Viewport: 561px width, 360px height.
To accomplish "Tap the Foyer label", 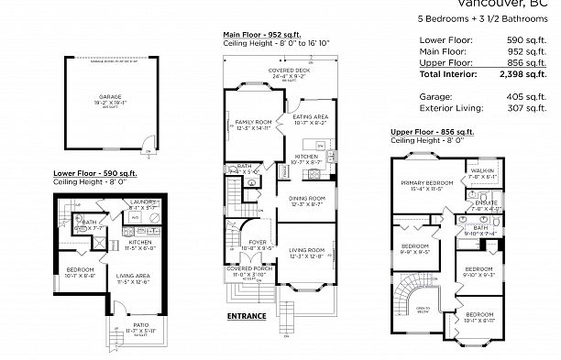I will pos(251,242).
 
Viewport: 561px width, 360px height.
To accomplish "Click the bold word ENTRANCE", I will pos(245,316).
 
